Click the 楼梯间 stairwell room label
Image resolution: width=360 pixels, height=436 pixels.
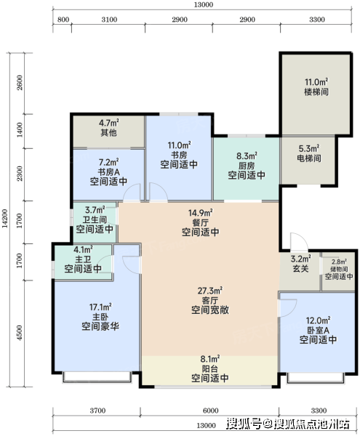tap(316, 92)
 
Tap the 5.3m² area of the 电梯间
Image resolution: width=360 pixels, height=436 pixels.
tap(309, 148)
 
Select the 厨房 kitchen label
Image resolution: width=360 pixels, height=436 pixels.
tap(247, 166)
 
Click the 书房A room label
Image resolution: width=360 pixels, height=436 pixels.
tap(109, 171)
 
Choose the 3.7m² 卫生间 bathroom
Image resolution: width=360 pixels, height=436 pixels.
tap(95, 222)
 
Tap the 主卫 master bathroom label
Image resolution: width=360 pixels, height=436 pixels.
tap(83, 259)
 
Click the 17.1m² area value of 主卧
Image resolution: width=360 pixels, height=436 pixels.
tap(100, 307)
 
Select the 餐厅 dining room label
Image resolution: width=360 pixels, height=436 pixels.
tap(200, 222)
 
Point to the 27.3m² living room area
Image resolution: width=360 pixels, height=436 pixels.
tap(209, 291)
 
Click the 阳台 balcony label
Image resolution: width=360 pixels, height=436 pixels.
tap(209, 368)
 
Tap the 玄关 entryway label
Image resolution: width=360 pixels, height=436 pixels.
tap(301, 269)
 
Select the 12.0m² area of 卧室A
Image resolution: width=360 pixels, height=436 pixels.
tap(319, 320)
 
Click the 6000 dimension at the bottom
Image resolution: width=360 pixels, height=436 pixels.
tap(211, 411)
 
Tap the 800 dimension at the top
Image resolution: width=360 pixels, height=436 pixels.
tap(63, 20)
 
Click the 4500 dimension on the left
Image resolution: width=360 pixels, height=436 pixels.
tap(19, 332)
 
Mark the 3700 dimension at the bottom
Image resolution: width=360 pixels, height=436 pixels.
tap(97, 411)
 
